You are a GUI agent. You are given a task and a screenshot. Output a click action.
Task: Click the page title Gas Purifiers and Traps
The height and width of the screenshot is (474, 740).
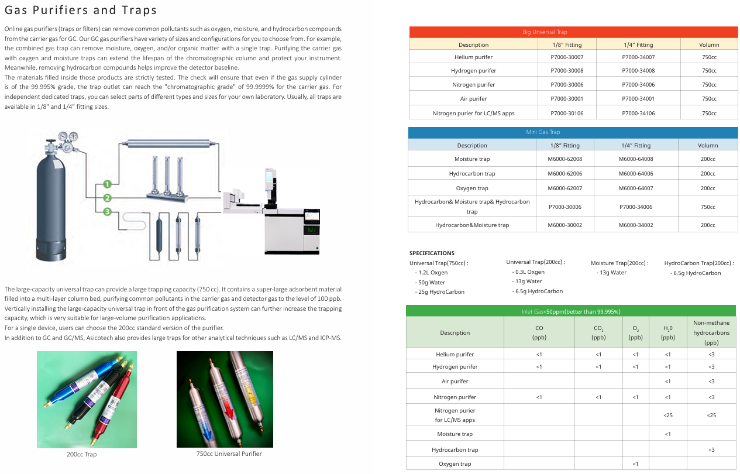[x=81, y=10]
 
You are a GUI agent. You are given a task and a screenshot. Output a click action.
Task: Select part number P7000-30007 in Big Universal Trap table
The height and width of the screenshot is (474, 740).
[x=567, y=57]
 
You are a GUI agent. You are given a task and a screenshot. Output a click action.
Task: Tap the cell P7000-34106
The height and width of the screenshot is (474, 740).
[x=638, y=113]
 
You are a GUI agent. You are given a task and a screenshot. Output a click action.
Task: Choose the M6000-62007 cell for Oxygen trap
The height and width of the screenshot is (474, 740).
[x=565, y=188]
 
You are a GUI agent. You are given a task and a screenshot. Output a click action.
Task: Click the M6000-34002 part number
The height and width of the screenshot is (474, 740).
[x=636, y=225]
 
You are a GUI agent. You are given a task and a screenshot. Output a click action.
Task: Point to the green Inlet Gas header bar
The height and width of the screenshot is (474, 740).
[x=571, y=311]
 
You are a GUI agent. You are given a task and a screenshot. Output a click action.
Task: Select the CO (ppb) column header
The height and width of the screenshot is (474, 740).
[x=539, y=332]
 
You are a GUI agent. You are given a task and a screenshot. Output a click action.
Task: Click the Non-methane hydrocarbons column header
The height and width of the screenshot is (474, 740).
[x=711, y=332]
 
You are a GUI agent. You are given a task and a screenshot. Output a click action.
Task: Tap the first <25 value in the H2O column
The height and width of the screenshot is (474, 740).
[x=667, y=415]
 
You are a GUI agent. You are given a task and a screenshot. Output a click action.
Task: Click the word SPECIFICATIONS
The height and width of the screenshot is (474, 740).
[x=432, y=253]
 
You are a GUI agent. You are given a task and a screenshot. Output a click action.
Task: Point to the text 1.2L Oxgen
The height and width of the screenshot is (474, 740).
[x=431, y=273]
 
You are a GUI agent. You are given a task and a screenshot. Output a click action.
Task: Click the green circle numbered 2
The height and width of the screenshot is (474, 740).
[x=108, y=198]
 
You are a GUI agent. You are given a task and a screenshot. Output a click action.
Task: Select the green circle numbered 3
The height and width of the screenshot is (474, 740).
[x=108, y=212]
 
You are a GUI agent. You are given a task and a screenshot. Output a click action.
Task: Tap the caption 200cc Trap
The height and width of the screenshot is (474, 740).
[x=82, y=454]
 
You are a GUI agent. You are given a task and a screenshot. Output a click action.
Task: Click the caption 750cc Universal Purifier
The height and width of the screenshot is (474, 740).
[x=229, y=454]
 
